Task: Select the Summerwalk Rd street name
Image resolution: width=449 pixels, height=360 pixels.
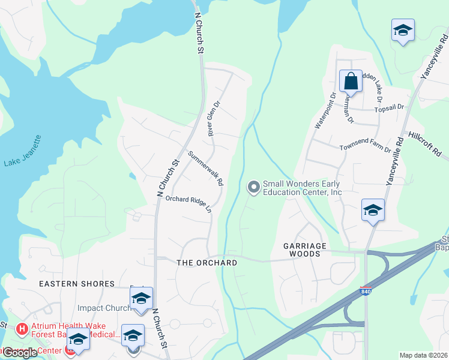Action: (x=205, y=167)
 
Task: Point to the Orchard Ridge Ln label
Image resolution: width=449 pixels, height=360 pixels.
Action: (x=188, y=203)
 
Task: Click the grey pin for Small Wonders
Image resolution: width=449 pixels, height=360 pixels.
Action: (x=254, y=188)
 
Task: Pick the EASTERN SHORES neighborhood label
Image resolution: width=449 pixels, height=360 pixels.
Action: (x=77, y=283)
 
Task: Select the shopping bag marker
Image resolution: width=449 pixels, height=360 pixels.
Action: (x=350, y=81)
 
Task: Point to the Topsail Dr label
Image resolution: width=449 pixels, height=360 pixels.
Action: (x=390, y=107)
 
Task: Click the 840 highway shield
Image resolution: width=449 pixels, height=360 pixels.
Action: (x=365, y=291)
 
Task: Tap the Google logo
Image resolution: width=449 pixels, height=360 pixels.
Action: (x=20, y=353)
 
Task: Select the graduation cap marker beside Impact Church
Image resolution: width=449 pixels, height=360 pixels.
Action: (x=142, y=298)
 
